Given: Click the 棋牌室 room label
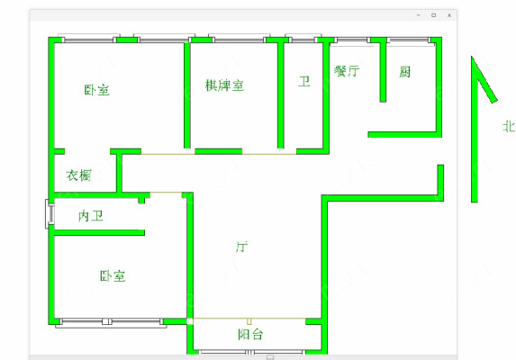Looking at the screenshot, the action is pos(224,85).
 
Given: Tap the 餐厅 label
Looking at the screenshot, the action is pos(347,71).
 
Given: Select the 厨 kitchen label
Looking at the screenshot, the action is pos(404,72).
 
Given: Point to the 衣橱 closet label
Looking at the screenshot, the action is pos(78,175).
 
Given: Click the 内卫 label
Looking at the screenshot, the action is pos(91,216).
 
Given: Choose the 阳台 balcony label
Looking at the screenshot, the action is pos(250,334).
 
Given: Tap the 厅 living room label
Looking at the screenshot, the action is pos(242,247).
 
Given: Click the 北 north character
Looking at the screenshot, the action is pos(509,126).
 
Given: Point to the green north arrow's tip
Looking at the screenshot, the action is pos(472,57).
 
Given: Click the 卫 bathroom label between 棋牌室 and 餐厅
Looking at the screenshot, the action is pos(304,81).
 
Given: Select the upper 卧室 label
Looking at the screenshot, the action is pos(96,90).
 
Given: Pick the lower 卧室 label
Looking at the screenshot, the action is pos(113,275).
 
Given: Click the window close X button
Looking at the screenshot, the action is pos(449,15).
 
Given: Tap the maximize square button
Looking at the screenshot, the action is pos(434,15).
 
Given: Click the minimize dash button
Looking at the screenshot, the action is pos(419,15).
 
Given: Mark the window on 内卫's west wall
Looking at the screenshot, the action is pos(50,213).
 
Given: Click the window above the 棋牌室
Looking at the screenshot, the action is pos(240,39).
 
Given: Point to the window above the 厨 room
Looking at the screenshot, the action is pos(409,40).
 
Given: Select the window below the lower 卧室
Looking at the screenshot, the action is pos(112,322).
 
